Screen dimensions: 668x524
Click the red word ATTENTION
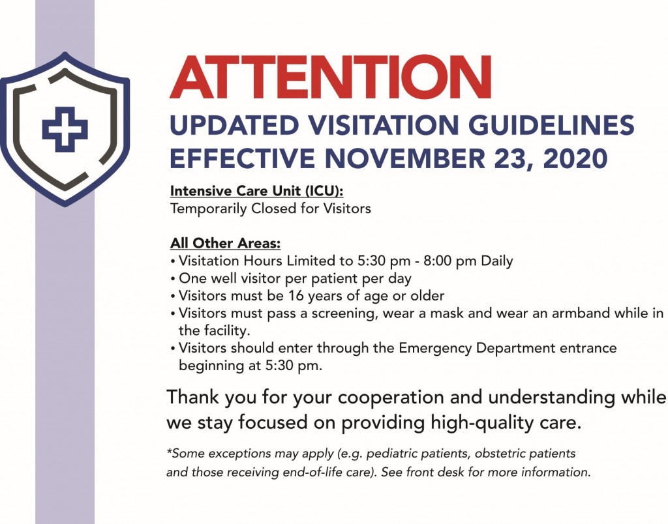[331, 77]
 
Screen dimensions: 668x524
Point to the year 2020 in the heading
[575, 158]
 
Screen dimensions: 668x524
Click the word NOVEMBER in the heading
[404, 158]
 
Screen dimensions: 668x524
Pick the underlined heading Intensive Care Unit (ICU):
[256, 191]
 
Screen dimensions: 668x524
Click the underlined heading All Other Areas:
[225, 243]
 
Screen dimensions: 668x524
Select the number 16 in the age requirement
[296, 295]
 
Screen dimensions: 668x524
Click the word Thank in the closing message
[192, 397]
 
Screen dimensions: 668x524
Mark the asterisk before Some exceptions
[169, 451]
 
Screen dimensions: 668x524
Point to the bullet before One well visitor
[172, 279]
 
